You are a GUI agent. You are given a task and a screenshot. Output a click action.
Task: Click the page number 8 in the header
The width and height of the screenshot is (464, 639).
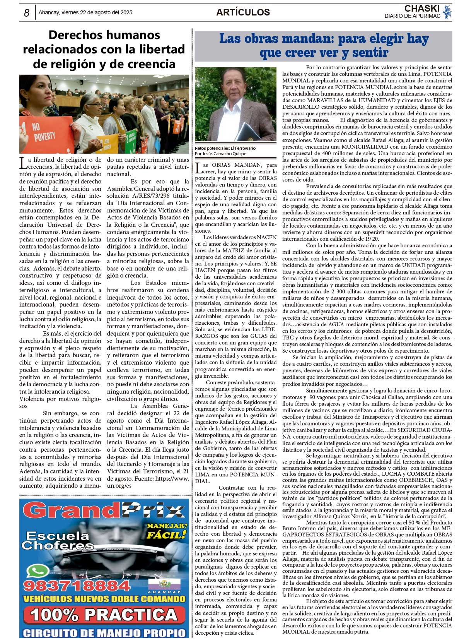(x=27, y=13)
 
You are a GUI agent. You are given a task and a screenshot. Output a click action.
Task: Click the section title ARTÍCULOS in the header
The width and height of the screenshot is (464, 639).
(x=243, y=12)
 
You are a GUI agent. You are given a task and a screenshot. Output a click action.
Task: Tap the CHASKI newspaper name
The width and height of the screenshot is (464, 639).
(x=422, y=8)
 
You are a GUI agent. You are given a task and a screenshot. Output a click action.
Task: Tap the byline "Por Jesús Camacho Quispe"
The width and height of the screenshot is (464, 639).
(x=220, y=154)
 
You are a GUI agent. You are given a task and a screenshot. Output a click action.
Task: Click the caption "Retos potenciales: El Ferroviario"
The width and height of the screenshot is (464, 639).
(x=225, y=148)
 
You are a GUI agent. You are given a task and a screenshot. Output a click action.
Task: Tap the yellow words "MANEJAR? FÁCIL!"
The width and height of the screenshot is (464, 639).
(x=167, y=531)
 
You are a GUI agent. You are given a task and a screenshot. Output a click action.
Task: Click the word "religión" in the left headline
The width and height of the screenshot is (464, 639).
(x=69, y=64)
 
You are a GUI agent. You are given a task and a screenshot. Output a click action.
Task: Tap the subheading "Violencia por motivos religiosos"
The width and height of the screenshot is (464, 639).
(x=60, y=402)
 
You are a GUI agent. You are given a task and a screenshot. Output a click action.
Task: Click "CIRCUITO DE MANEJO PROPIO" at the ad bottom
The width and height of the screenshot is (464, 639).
(x=104, y=633)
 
